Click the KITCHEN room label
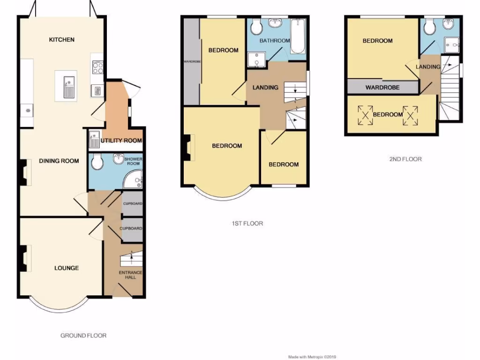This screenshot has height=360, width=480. point(62,40)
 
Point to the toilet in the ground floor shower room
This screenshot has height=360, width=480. point(97,162)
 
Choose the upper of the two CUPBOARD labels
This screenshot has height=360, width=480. point(132,204)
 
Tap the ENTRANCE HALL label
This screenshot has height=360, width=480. point(130,275)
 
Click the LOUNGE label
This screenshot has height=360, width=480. point(67,268)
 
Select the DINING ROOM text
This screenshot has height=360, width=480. point(59,161)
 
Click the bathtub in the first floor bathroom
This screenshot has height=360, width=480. point(297,37)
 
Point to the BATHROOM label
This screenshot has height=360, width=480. point(275,41)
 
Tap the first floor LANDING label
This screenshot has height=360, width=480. point(265,88)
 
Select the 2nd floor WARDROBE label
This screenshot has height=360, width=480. point(382,87)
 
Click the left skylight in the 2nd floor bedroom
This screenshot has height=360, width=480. point(366,115)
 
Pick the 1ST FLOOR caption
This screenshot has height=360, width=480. point(247,224)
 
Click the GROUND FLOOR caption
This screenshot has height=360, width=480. point(83,336)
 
